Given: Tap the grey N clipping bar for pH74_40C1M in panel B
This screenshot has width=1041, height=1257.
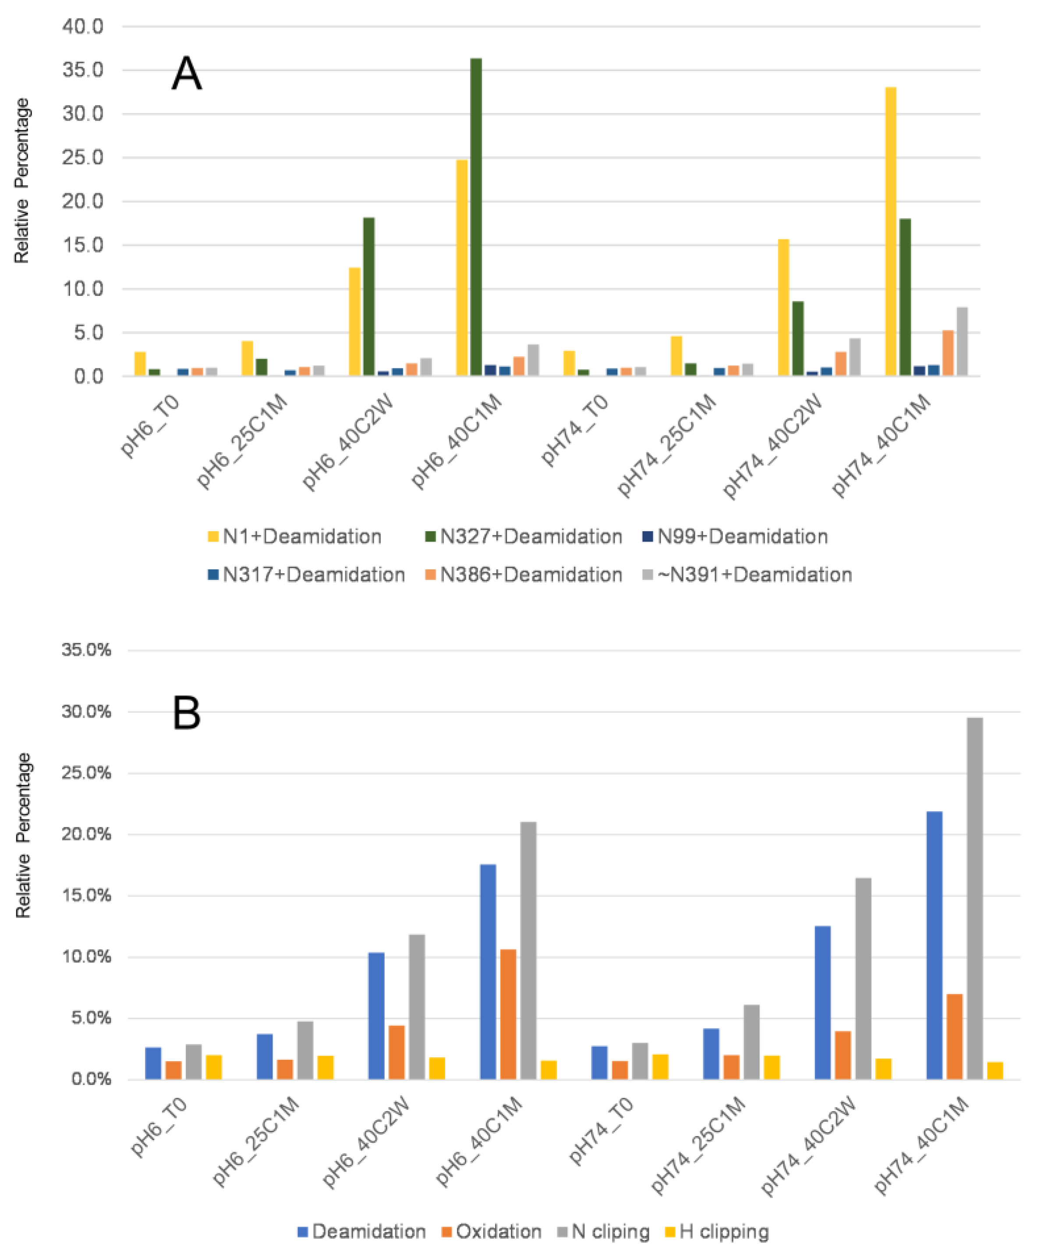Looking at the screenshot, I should click(x=974, y=898).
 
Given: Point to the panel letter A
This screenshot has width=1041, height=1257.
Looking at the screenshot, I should click(x=186, y=74).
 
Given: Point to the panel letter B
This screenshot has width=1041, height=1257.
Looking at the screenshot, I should click(x=186, y=713).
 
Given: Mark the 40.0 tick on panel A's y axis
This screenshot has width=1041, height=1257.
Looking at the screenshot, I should click(x=83, y=26).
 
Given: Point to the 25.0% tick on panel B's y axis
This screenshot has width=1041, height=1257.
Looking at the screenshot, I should click(x=86, y=773).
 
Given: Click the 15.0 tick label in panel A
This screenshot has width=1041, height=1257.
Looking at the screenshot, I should click(x=83, y=245).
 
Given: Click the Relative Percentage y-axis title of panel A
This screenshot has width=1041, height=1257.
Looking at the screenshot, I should click(x=22, y=181).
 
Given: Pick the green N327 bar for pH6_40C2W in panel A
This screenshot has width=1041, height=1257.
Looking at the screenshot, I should click(x=369, y=296).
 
